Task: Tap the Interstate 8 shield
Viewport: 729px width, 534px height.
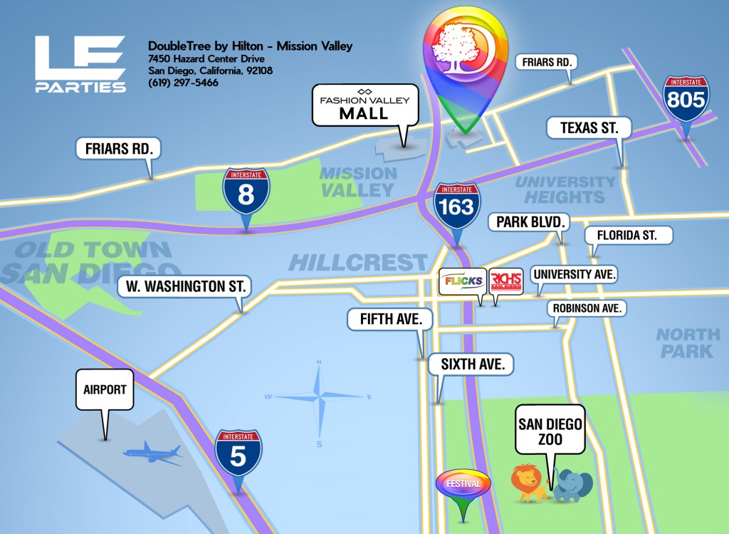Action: click(246, 193)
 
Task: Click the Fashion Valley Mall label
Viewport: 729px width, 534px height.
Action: click(364, 106)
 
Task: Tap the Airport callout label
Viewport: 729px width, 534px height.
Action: click(105, 389)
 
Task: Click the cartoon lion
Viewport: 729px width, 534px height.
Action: click(529, 482)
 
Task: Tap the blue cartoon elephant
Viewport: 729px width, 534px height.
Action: click(572, 485)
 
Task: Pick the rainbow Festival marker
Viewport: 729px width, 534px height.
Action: click(463, 484)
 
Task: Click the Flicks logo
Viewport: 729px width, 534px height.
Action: click(463, 281)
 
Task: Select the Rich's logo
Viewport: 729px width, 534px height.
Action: click(506, 281)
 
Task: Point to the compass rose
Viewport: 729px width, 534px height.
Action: click(320, 396)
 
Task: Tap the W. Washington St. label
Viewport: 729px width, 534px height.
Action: click(184, 288)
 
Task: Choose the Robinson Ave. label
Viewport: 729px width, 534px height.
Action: click(587, 308)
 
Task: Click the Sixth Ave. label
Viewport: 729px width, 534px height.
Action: click(471, 365)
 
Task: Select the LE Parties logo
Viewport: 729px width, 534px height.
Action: click(80, 64)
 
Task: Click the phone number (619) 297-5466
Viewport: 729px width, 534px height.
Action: click(183, 83)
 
